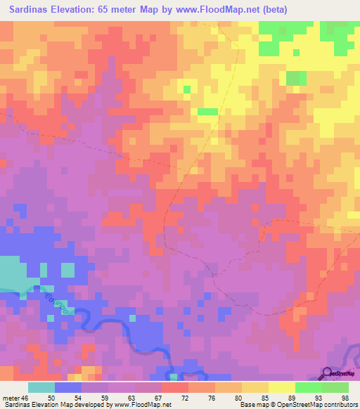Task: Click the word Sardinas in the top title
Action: [x=32, y=10]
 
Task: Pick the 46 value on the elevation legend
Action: [x=25, y=398]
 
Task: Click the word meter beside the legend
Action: [x=11, y=398]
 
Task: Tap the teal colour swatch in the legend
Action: [x=41, y=387]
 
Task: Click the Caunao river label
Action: [x=58, y=306]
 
